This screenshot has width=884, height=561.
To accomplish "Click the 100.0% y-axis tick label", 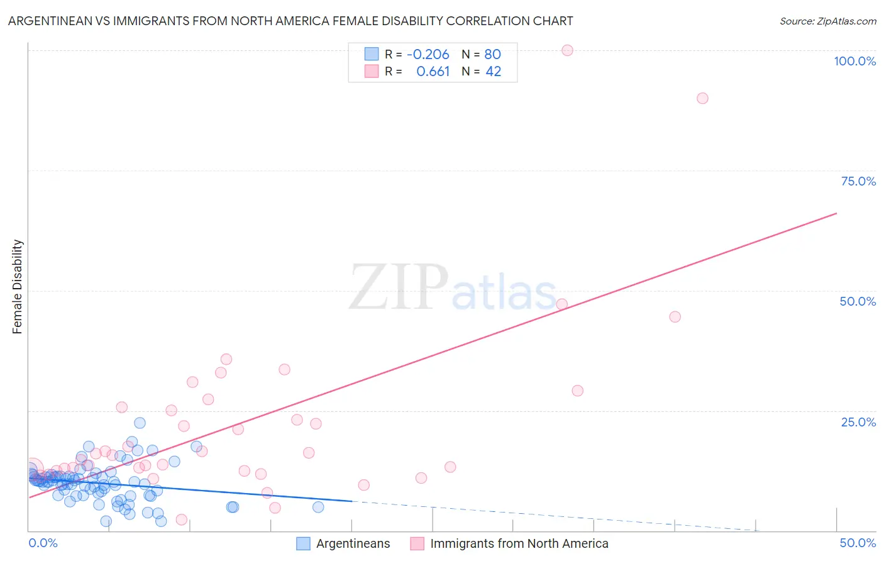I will tap(854, 61).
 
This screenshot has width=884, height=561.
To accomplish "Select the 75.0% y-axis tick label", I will tap(858, 181).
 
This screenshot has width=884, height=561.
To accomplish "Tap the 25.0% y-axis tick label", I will tap(858, 422).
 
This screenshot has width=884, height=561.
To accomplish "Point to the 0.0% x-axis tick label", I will tap(43, 543).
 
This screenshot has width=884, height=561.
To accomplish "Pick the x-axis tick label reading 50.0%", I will tap(858, 543).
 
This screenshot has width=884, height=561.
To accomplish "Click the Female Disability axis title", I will tap(17, 287).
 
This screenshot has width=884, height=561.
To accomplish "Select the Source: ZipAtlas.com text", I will tap(827, 21).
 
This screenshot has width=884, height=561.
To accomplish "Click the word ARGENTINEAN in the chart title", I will tap(52, 21).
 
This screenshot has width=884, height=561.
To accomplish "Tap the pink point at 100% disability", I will tap(567, 50).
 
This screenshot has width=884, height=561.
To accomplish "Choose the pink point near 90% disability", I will tap(702, 98).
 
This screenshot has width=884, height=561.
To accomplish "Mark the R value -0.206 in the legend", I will tap(428, 55).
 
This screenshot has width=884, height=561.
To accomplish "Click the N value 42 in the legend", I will tap(493, 72).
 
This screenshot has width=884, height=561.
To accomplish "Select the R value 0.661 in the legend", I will tap(433, 72).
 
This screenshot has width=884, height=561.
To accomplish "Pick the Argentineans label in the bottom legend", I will tap(353, 544).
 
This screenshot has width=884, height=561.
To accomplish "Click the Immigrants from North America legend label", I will tap(519, 544).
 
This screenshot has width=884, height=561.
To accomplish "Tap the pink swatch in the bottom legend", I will tap(417, 544).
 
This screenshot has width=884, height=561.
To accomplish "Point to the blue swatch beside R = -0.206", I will tap(372, 54).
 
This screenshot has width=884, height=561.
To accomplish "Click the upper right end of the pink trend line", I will tap(836, 213).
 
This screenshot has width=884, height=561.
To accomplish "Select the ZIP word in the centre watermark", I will tap(399, 288).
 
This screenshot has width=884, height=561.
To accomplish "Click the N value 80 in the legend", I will tap(492, 55).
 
